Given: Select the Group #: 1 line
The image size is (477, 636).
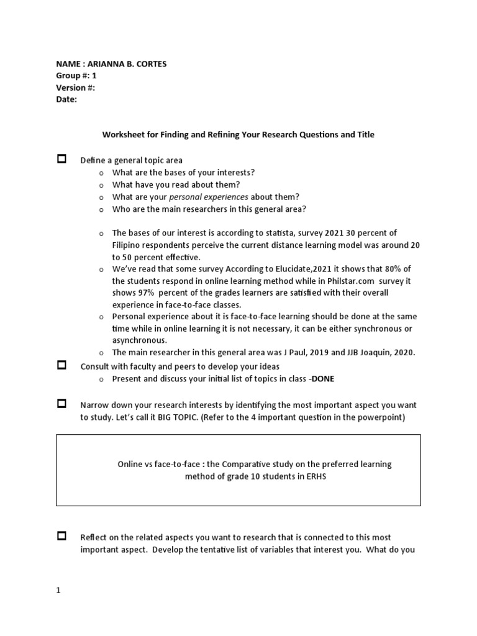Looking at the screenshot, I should [x=76, y=75].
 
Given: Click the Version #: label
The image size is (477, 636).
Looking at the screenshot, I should [x=75, y=88].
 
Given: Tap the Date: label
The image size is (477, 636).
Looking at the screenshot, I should [x=66, y=99].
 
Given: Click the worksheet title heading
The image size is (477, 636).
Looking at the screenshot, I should [x=238, y=135].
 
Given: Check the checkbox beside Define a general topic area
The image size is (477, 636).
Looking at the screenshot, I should [x=61, y=159].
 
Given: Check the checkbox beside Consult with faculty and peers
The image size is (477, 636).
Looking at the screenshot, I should [x=61, y=365].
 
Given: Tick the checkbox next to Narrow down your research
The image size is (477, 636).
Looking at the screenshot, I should [x=61, y=404].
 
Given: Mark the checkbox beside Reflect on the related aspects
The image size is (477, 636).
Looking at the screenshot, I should [x=61, y=536].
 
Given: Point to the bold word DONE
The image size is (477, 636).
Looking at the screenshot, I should [x=327, y=379].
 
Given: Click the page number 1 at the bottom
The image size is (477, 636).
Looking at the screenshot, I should [x=58, y=591].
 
